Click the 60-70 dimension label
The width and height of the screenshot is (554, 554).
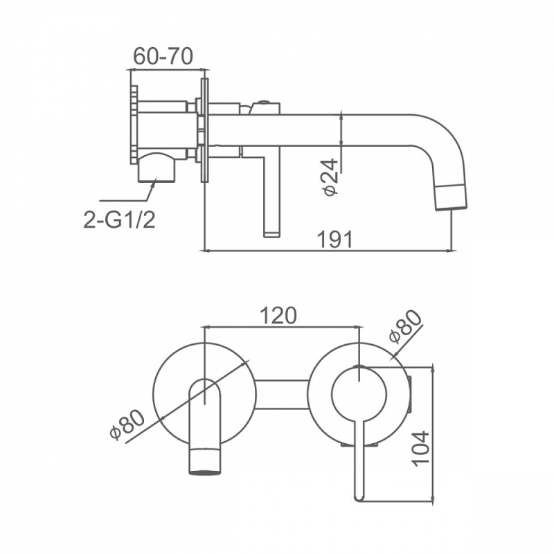tap(163, 56)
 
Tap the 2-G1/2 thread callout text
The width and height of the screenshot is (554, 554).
tap(119, 220)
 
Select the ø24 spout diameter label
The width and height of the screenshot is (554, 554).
tap(330, 177)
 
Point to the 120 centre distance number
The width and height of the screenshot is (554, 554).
tap(278, 316)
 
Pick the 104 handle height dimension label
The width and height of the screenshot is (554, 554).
tap(421, 449)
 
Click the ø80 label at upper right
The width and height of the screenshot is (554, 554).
tap(404, 326)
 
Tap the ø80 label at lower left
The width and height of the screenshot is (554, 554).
tap(127, 425)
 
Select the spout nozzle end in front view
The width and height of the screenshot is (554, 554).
tap(205, 462)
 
